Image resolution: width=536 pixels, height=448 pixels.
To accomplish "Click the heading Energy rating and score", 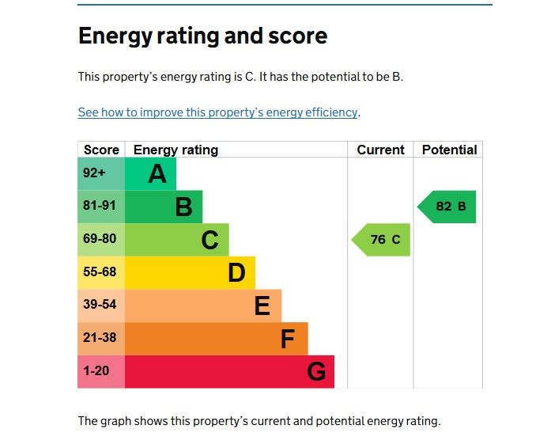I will click(x=202, y=36).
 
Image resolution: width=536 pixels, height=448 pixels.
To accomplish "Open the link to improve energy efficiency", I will click(x=217, y=112).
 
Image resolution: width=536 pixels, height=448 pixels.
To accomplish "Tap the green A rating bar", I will click(x=151, y=174).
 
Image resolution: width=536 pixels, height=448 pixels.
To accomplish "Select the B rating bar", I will click(x=164, y=207).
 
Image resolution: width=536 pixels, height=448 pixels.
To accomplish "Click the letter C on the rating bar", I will click(x=209, y=240).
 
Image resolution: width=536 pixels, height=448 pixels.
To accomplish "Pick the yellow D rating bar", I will click(x=190, y=272).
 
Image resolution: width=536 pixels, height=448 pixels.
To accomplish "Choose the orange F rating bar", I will click(x=216, y=339).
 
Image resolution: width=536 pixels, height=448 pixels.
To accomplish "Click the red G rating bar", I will click(x=229, y=371).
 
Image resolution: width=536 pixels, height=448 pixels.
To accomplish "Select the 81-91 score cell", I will click(x=100, y=207).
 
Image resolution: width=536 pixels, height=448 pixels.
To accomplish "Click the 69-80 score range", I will click(x=100, y=239).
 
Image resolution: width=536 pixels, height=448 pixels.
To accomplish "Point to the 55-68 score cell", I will click(x=100, y=272).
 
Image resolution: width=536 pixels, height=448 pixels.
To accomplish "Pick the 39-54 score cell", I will click(x=100, y=305).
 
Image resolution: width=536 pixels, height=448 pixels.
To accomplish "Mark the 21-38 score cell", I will click(x=100, y=338).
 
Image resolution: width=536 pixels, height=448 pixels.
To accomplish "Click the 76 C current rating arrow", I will click(x=383, y=240).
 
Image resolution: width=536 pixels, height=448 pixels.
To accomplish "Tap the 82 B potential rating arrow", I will click(x=448, y=207).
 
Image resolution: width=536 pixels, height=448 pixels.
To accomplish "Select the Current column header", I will click(x=380, y=150).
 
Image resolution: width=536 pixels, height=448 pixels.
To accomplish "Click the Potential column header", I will click(x=449, y=150).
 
